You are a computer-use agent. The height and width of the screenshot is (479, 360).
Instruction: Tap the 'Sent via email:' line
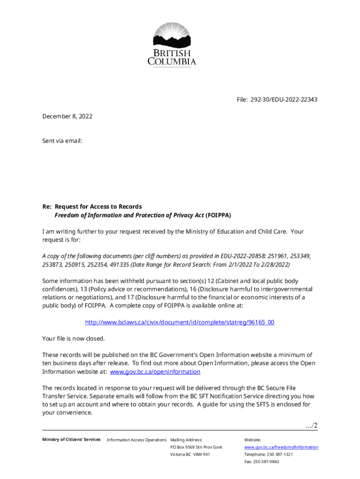point(62,139)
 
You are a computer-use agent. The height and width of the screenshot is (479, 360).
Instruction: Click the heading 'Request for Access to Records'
point(98,206)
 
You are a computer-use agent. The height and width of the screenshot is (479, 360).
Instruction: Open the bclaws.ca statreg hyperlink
point(180,322)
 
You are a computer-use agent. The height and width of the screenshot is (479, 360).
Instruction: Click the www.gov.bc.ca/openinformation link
point(155,371)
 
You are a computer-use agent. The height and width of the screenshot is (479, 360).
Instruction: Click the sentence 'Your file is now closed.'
point(73,338)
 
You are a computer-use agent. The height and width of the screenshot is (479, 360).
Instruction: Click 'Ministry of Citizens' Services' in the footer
point(71,439)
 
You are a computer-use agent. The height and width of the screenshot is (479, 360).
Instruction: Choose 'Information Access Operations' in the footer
point(137,440)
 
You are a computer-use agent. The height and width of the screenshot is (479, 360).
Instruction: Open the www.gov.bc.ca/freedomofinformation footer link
point(281,447)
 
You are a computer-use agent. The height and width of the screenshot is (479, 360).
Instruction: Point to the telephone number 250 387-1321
point(280,454)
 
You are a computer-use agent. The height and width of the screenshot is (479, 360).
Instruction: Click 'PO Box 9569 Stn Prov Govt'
point(196,447)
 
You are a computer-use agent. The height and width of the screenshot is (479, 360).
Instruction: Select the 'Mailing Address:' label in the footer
point(187,440)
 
